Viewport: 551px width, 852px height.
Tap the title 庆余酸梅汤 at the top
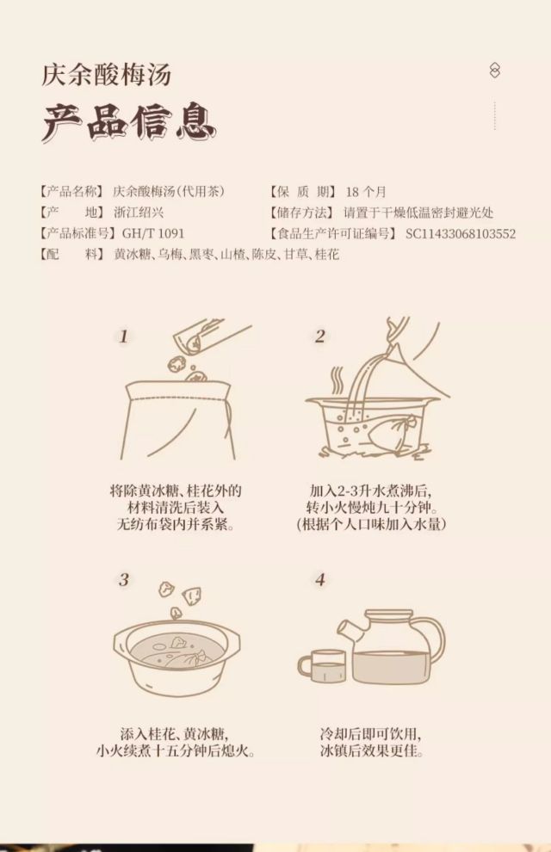tap(107, 75)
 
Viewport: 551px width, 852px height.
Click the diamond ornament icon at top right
tap(494, 70)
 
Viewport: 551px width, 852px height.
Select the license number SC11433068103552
tap(461, 233)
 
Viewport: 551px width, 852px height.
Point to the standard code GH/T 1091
tap(153, 233)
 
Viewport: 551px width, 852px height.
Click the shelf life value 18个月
tap(366, 192)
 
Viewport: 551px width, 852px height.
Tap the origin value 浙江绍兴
tap(139, 213)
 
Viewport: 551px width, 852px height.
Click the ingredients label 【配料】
tap(72, 254)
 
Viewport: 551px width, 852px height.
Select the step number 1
tap(124, 336)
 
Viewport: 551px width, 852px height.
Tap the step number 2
tap(320, 336)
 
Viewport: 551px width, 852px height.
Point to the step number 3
tap(124, 580)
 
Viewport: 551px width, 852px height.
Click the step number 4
tap(320, 580)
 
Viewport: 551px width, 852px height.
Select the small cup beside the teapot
tap(322, 667)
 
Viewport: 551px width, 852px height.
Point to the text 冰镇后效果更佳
tap(372, 751)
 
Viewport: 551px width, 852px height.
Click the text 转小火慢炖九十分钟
tap(372, 508)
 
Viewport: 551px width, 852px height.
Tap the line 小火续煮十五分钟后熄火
tap(175, 751)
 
